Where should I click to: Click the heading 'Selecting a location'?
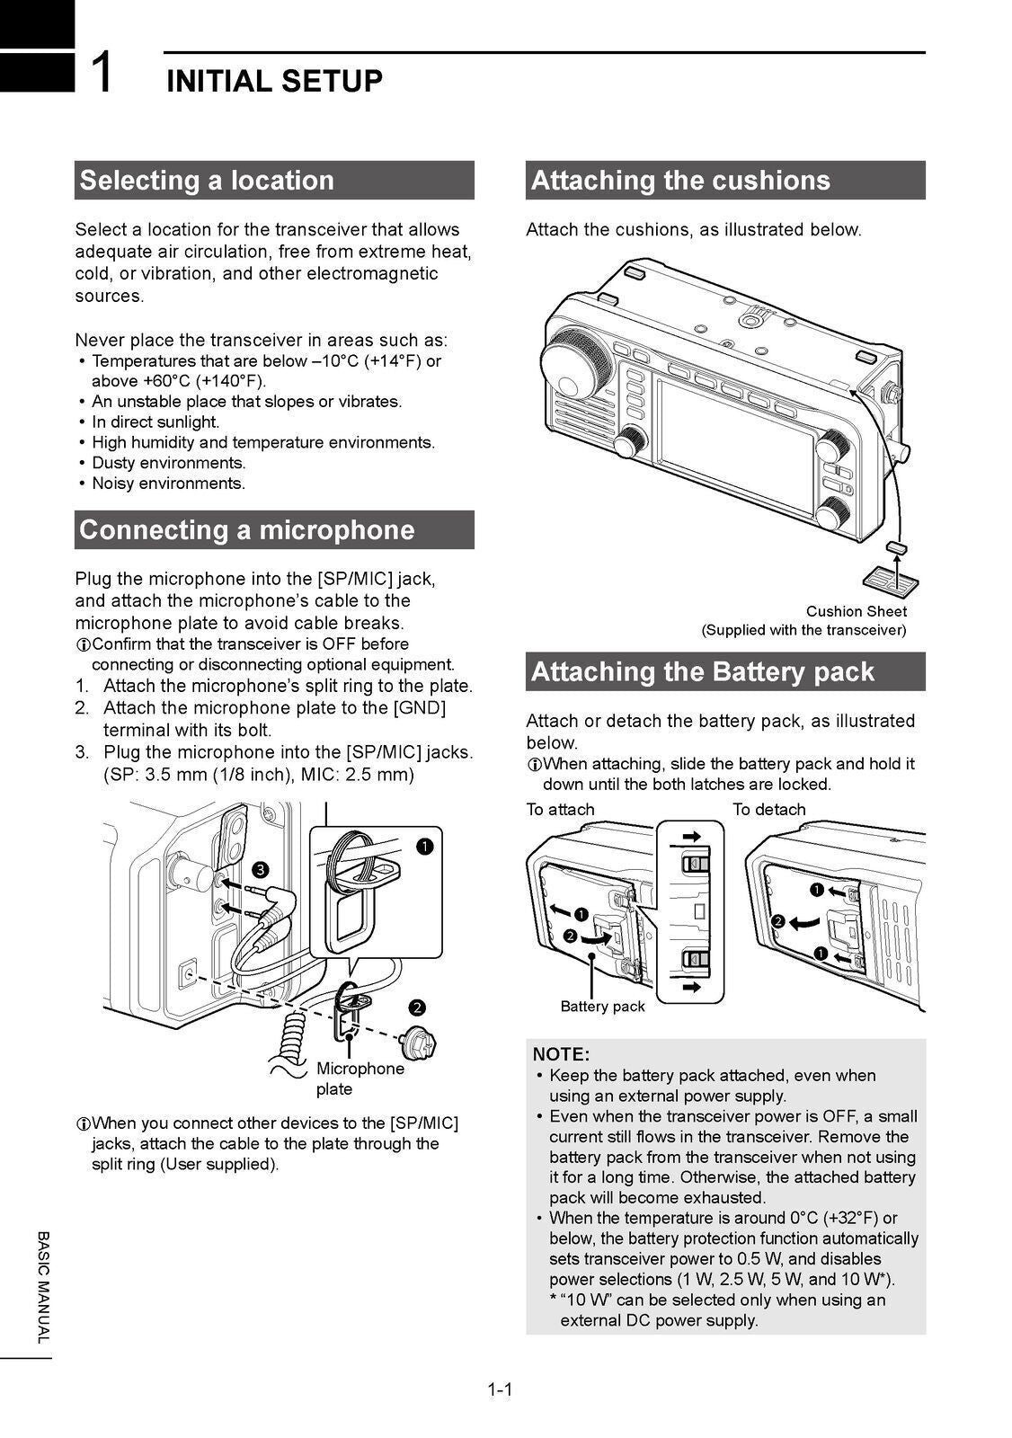tap(207, 180)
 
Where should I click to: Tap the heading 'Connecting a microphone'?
tap(247, 529)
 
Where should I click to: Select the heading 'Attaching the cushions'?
tap(680, 180)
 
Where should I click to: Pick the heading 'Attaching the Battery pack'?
tap(702, 671)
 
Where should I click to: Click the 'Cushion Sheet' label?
tap(856, 611)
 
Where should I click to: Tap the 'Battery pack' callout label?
tap(602, 1007)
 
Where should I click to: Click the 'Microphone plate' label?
tap(360, 1078)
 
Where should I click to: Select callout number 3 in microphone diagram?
tap(260, 869)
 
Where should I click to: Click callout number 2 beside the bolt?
tap(418, 1006)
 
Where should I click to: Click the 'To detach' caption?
tap(768, 810)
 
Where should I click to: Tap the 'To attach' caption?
tap(560, 810)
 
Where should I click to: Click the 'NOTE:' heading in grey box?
tap(561, 1053)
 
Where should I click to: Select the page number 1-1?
tap(500, 1390)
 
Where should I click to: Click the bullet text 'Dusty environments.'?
tap(168, 463)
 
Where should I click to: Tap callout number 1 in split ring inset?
tap(425, 846)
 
